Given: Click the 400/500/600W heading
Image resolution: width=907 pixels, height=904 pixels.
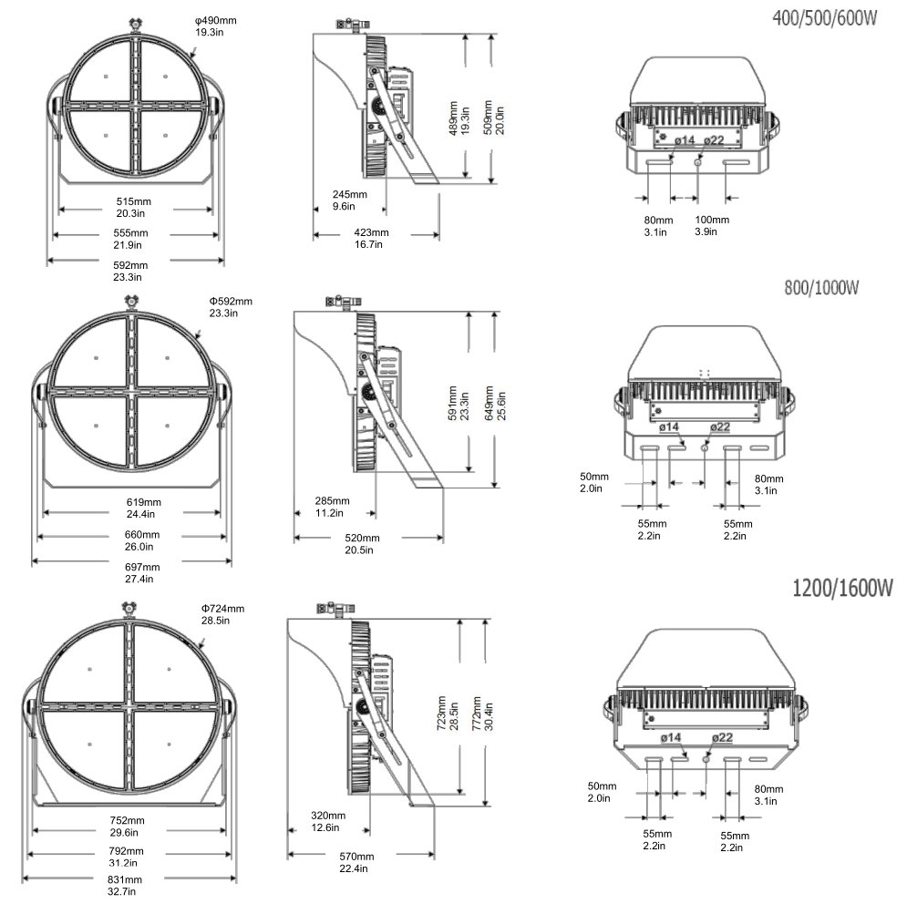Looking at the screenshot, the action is (x=824, y=18).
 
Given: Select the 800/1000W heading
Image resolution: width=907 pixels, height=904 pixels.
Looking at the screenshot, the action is (x=821, y=287).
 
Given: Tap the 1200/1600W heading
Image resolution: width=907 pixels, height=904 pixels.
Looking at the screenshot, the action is (x=842, y=588).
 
